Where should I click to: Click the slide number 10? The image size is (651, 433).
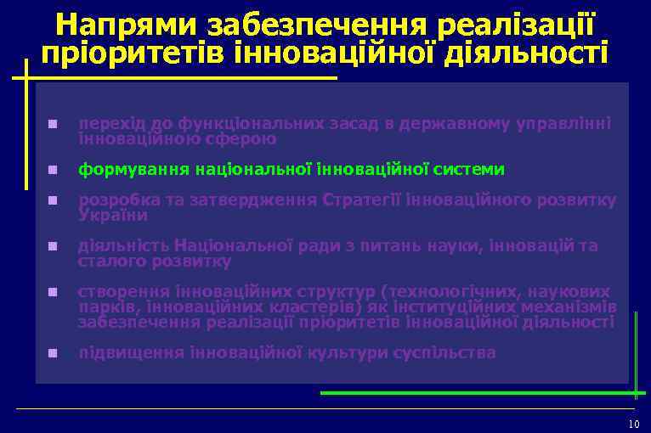632,424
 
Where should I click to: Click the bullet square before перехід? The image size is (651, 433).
53,125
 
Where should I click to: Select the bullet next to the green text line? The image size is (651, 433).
53,170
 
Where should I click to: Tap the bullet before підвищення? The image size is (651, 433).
53,352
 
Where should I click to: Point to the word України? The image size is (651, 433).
112,216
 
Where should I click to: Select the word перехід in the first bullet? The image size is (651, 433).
108,124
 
